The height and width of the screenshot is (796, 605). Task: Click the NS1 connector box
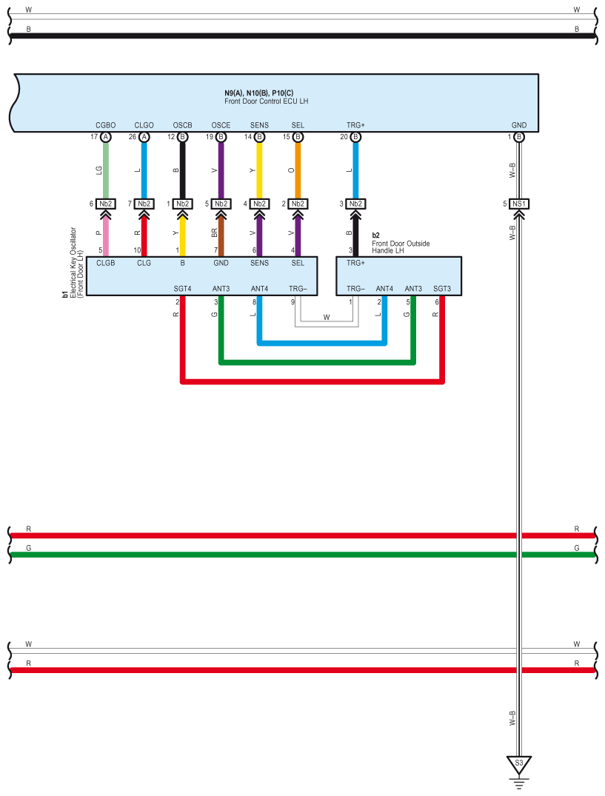(518, 204)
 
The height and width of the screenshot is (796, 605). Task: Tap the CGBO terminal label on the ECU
(106, 125)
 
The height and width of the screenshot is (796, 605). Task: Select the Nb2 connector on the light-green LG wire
(106, 204)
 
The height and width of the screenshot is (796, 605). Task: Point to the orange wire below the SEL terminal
(298, 170)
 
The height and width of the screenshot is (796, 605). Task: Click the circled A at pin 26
(144, 137)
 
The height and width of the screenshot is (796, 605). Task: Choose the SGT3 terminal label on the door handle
(441, 288)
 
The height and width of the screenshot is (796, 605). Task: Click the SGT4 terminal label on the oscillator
(182, 288)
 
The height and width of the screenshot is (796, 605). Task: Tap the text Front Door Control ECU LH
(266, 101)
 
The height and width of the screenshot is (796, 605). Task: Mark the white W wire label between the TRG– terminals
(327, 317)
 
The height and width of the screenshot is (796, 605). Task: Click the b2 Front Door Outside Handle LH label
(401, 243)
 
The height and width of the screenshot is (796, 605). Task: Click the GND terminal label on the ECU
(518, 125)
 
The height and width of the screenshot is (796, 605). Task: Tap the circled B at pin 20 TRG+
(355, 137)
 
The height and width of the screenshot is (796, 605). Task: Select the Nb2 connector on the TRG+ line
(355, 204)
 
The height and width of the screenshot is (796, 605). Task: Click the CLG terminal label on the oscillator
(144, 263)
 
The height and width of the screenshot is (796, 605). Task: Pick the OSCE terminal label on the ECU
(221, 125)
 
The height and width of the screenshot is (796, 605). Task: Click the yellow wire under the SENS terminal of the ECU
(259, 170)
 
